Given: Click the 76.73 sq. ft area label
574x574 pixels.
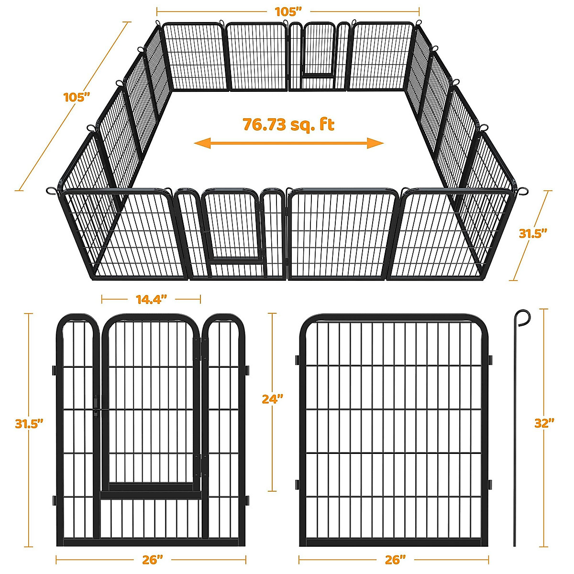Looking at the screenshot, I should point(288,124).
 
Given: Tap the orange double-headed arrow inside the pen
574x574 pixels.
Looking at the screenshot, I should point(288,143).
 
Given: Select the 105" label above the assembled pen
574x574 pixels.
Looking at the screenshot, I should point(288,11).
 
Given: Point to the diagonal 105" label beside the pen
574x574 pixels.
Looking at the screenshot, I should point(77,97).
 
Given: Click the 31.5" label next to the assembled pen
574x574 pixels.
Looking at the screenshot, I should point(533,233).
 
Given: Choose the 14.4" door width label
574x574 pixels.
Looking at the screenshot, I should point(151,299).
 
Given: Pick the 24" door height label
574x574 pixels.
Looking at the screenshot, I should point(273,398).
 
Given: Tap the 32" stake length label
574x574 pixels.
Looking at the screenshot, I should point(544,423).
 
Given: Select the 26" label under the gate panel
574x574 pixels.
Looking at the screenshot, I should point(153,560).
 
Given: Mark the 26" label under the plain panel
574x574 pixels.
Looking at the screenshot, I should point(395,560).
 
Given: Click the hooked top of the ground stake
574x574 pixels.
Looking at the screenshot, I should point(523,317).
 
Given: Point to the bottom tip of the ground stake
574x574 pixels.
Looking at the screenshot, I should point(515,544).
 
